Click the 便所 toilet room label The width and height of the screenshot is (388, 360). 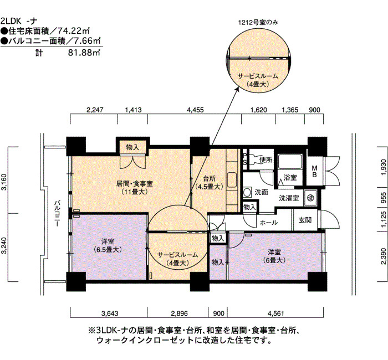click(266, 160)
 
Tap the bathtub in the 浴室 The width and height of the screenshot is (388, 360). click(290, 162)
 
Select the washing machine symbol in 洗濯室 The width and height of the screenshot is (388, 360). click(311, 197)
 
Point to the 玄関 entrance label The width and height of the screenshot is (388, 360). click(305, 220)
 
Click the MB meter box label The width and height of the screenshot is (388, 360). click(314, 171)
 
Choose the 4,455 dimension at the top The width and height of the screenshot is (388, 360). click(195, 110)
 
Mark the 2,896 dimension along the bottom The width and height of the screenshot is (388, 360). click(179, 313)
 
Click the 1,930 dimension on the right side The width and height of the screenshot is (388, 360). click(383, 167)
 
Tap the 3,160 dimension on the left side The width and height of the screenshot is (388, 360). click(4, 182)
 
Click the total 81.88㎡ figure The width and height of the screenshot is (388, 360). click(84, 53)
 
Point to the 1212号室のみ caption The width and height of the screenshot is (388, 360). click(258, 23)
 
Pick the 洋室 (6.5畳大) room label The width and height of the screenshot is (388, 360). click(108, 245)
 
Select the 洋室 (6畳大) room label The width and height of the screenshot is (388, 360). click(274, 256)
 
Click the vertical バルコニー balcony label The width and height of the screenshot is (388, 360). click(57, 213)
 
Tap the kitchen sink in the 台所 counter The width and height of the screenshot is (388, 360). click(232, 179)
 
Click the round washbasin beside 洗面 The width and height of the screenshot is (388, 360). click(247, 192)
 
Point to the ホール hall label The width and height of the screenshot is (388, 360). click(269, 223)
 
